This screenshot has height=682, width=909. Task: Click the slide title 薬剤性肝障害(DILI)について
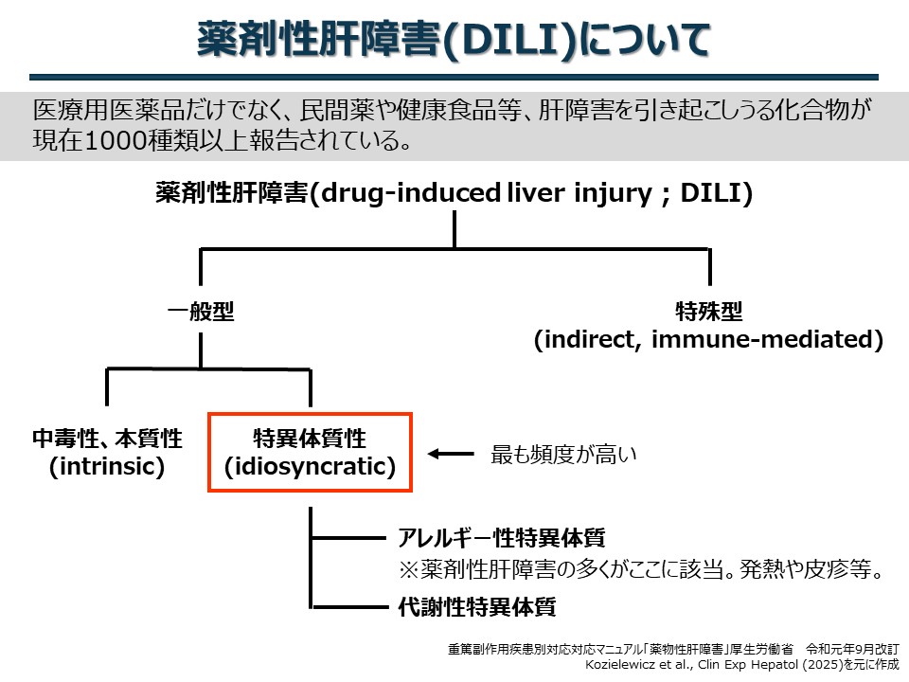pos(454,40)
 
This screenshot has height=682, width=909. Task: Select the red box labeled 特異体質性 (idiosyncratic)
pos(311,414)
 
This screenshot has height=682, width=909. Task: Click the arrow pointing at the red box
pos(451,454)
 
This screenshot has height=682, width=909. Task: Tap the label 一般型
pos(201,312)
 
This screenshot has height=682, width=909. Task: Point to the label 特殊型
pos(709,312)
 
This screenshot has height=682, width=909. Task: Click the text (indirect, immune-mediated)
pos(708,339)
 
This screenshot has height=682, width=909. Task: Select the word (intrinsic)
pos(107,466)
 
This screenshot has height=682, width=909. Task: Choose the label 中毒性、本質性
pos(107,439)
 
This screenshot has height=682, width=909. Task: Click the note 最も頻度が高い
pos(563,454)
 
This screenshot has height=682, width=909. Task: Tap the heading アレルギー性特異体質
pos(502,538)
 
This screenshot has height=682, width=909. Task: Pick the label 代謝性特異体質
pos(477,606)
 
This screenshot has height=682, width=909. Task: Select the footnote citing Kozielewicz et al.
pos(741,665)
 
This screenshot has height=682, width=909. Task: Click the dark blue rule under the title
pos(454,77)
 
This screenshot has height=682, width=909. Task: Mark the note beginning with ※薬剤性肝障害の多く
pos(641,569)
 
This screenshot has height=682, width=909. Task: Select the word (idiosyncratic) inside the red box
pos(311,466)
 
